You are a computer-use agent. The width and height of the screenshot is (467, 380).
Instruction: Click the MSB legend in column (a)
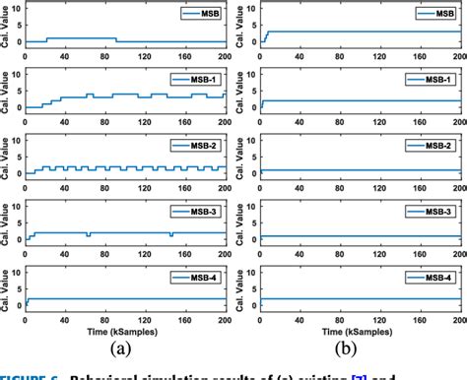193,15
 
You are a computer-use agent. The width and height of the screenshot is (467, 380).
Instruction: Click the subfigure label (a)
125,347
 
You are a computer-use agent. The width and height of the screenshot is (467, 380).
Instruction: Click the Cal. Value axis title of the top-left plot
7,27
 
